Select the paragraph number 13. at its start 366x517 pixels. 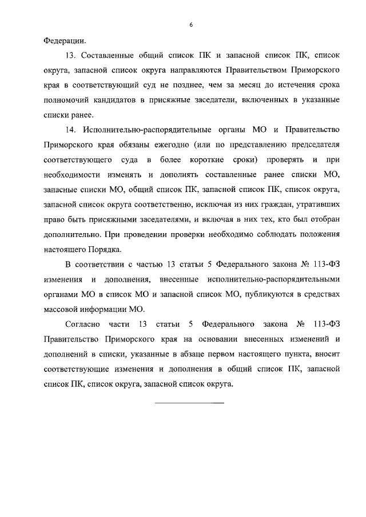pos(71,57)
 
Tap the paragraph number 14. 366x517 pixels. pos(71,131)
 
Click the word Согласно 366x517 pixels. pos(82,324)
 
